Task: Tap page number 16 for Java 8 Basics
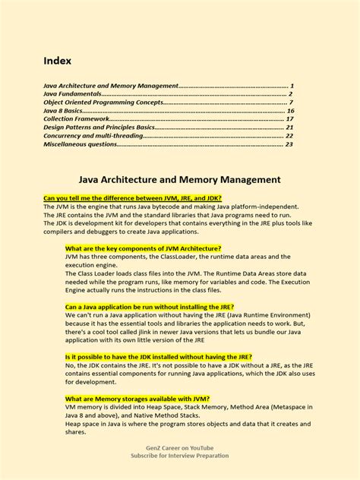(289, 111)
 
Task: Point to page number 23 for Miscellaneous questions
(289, 144)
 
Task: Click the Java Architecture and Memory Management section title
(180, 180)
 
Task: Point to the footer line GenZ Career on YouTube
(180, 449)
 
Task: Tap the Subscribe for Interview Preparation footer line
(180, 458)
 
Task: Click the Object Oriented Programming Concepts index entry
(103, 103)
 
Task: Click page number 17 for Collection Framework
(289, 119)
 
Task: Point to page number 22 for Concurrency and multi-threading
(289, 136)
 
